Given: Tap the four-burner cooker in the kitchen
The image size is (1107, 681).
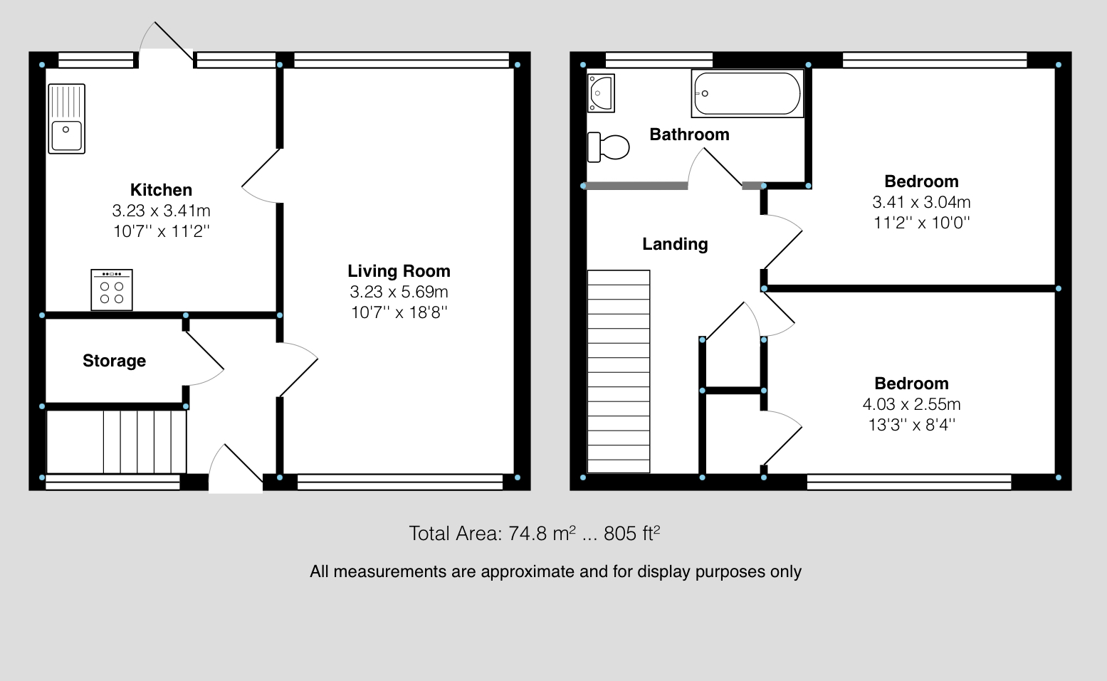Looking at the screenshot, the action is pos(112,290).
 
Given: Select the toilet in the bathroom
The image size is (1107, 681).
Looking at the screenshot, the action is pos(608,147).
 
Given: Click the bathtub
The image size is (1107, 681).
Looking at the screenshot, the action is pos(747,93).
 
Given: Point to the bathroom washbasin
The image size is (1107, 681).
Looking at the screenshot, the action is pos(601,93).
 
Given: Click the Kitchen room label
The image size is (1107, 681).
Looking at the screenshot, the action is pos(161,189).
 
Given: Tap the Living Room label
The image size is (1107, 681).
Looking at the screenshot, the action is pos(399,270).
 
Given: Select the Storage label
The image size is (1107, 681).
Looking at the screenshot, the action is pos(114,361).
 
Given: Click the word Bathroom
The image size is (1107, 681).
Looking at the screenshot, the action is pos(689,134).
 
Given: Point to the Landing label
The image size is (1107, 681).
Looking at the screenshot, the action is pos(675,244).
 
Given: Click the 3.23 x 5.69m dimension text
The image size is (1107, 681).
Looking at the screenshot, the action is pos(399,292).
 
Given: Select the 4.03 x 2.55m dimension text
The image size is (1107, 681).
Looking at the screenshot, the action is pos(912,404).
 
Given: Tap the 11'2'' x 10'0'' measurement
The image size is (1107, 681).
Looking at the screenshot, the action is pos(922,223).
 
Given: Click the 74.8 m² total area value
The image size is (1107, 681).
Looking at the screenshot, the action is pos(542,533).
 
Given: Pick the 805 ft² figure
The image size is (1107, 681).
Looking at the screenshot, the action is pos(632,533).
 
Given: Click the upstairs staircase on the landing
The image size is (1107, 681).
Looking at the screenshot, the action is pos(618,371).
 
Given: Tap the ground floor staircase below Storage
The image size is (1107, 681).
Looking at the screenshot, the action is pos(117,442).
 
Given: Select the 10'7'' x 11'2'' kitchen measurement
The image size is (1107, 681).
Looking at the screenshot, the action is pos(161,231).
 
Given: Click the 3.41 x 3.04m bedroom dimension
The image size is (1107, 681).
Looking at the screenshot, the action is pos(922,202).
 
